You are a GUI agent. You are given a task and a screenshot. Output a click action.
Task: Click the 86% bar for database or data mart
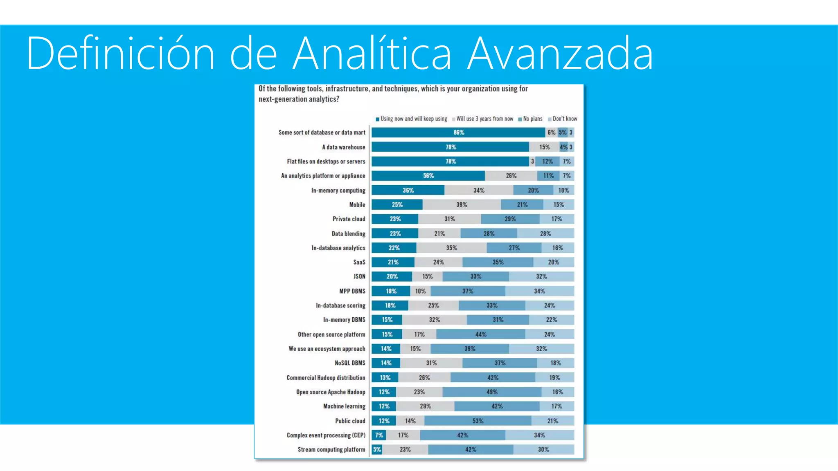[458, 132]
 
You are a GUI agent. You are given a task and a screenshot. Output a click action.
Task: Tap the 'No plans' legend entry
[530, 119]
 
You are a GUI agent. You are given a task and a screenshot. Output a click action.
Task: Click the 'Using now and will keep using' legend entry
[412, 119]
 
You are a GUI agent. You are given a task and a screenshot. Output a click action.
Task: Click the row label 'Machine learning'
[344, 406]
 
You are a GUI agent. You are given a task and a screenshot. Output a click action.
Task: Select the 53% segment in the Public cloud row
[478, 421]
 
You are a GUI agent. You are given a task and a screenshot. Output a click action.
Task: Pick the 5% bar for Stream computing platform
[377, 449]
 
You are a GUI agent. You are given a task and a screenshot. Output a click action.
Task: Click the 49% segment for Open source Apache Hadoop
[492, 392]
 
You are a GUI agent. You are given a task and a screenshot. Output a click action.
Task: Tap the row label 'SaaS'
[359, 262]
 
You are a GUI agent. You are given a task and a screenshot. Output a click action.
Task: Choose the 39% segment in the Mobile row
[462, 204]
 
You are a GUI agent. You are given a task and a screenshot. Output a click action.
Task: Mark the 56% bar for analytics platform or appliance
[428, 176]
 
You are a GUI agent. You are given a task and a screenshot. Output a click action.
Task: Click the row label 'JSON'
[359, 276]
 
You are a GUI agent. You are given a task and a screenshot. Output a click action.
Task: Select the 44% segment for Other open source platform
[481, 334]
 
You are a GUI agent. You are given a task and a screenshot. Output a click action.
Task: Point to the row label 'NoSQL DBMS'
[350, 363]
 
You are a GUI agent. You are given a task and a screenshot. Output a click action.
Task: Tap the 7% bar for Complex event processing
[379, 435]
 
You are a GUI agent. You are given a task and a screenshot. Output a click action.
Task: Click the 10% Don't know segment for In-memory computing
[563, 190]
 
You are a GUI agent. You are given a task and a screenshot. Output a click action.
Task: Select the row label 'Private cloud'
[349, 219]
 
